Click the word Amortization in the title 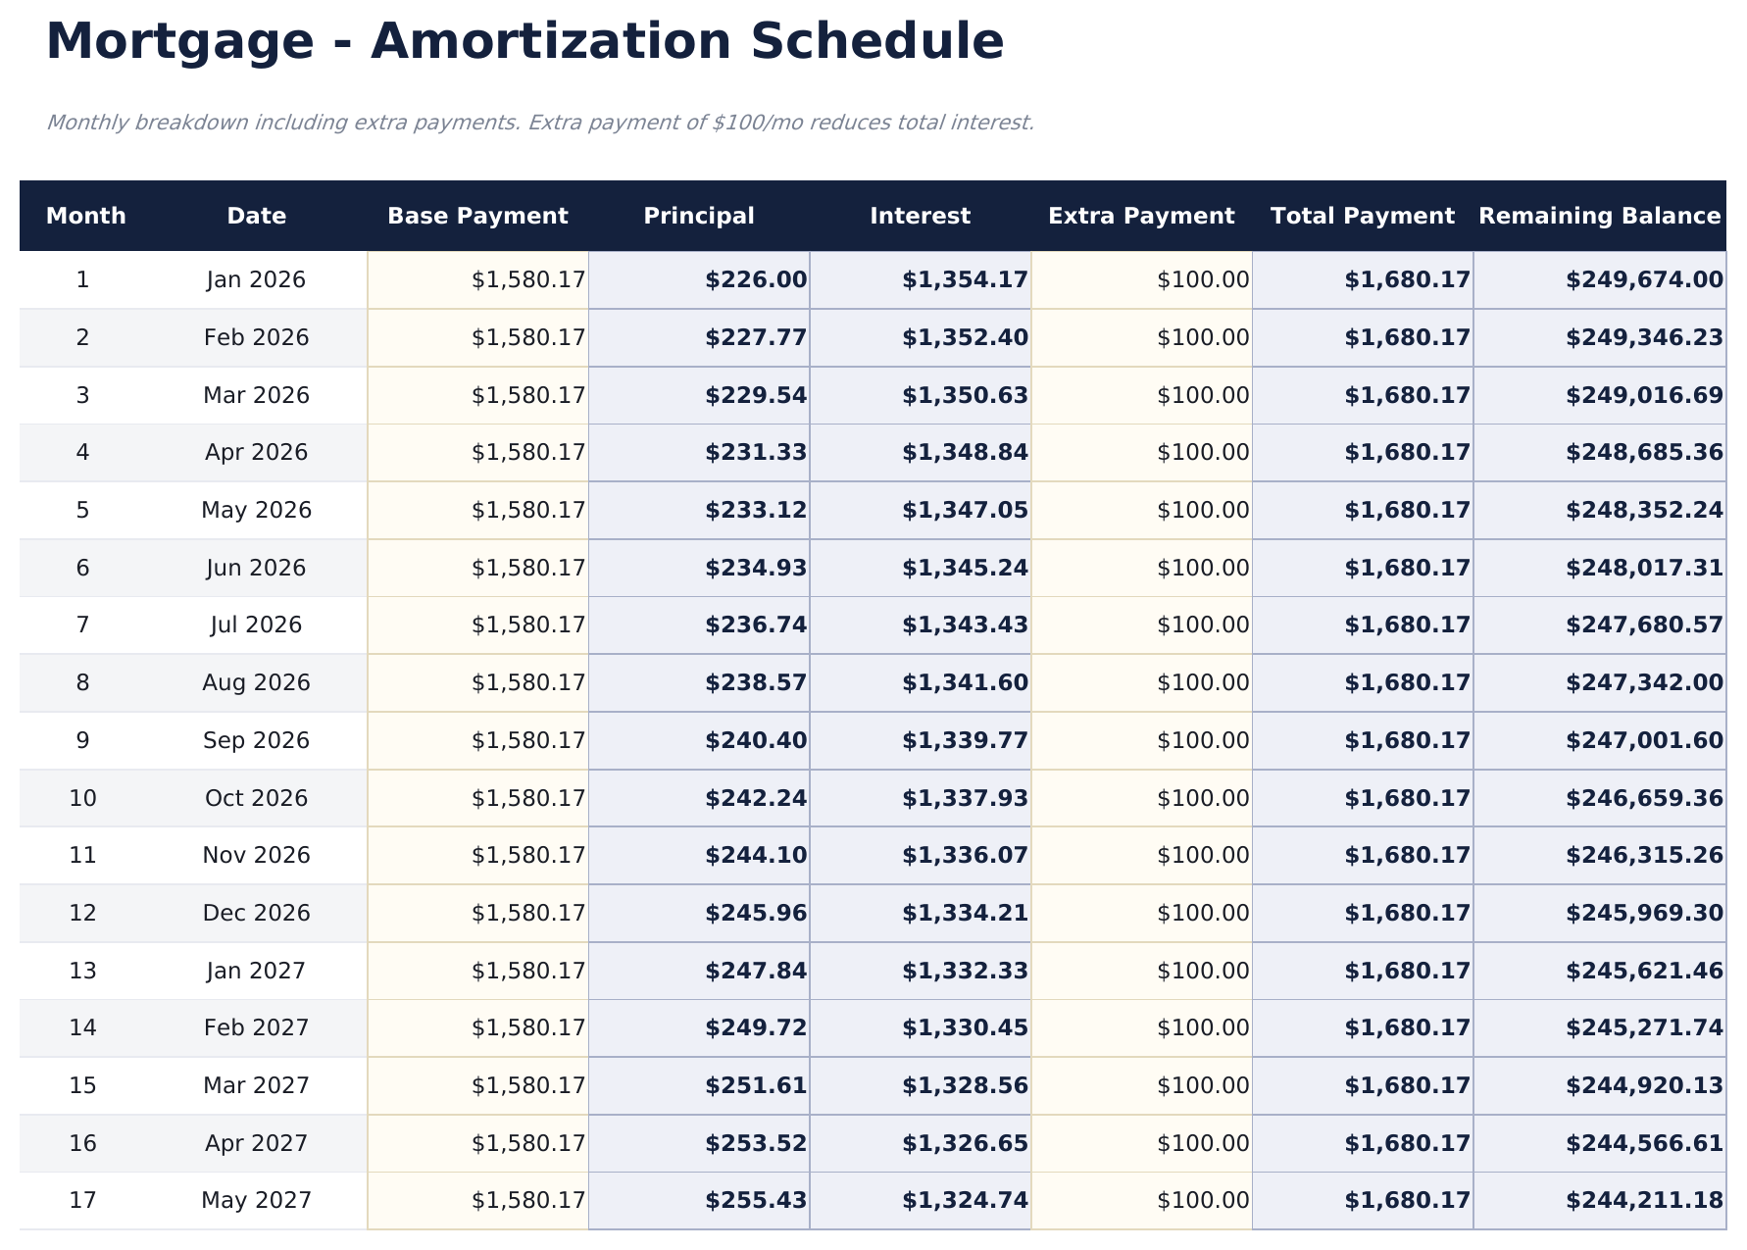[x=550, y=42]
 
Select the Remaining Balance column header [x=1599, y=216]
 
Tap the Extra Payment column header [x=1141, y=216]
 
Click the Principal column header [x=699, y=216]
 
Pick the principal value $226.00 [x=756, y=280]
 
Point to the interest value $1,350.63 [x=965, y=395]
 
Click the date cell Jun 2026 [x=256, y=568]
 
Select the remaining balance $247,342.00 [x=1644, y=682]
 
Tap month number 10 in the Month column [x=83, y=798]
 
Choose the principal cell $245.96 [x=756, y=913]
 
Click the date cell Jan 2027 [x=256, y=971]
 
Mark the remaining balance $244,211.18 [x=1644, y=1200]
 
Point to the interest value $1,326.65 [x=965, y=1143]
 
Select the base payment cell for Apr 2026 [x=528, y=452]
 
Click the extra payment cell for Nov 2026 [x=1203, y=855]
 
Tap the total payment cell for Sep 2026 [x=1407, y=740]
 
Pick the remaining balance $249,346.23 [x=1644, y=337]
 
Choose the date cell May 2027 [x=256, y=1200]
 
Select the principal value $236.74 [x=756, y=625]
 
